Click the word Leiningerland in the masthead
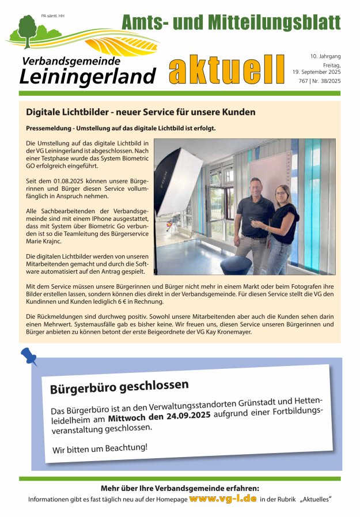[88, 76]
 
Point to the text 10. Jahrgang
[325, 56]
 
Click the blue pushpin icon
[29, 356]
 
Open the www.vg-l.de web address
[222, 498]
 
